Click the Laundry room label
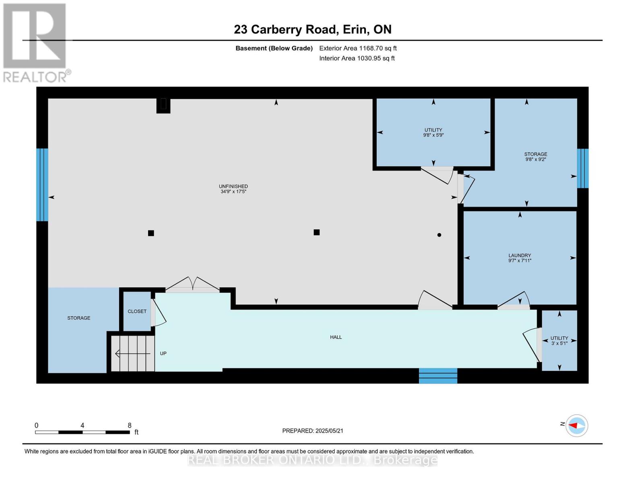tap(520, 255)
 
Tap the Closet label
tap(137, 311)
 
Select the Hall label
tap(336, 337)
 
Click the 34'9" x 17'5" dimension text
tap(233, 192)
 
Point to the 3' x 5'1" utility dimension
tap(559, 343)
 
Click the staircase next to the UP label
tap(133, 353)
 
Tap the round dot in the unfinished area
tap(439, 235)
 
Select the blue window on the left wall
tap(42, 185)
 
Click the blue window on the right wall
tap(582, 168)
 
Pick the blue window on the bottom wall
tap(438, 376)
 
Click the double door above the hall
tap(192, 284)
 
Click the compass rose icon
tap(577, 425)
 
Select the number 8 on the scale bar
tap(130, 425)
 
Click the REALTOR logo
tap(35, 42)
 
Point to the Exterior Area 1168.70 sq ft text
tap(358, 48)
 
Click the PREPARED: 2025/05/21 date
tap(313, 431)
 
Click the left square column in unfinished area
tap(151, 233)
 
